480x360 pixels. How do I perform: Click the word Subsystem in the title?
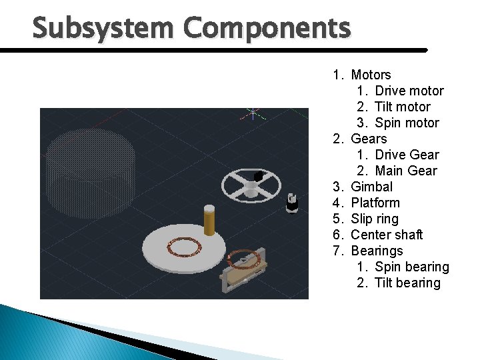click(103, 29)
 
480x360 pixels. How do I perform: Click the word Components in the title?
click(266, 29)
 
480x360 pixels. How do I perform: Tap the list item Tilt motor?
click(402, 107)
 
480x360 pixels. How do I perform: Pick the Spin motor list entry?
click(407, 123)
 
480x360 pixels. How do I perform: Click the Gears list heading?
click(368, 139)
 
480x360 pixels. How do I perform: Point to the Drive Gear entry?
click(407, 155)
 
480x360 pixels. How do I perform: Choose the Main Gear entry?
click(405, 171)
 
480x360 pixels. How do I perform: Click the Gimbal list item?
click(371, 187)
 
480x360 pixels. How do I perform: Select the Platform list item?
click(375, 203)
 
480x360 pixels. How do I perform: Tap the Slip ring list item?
click(374, 219)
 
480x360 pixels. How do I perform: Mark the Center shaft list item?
click(387, 235)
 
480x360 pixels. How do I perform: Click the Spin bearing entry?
click(411, 267)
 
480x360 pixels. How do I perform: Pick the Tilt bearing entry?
click(407, 283)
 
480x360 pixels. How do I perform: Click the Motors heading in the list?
click(371, 75)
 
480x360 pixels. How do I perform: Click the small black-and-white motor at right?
click(291, 203)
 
